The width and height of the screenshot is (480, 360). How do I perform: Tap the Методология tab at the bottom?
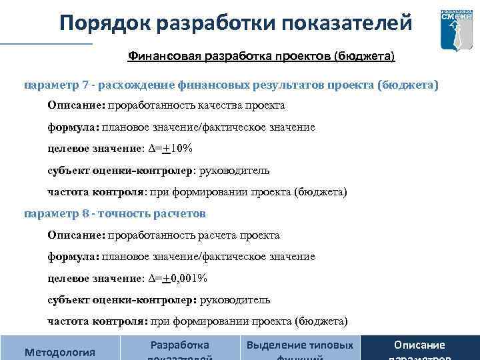[59, 351]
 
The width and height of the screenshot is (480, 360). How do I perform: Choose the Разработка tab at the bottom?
[180, 346]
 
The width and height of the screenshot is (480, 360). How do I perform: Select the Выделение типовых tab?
[300, 346]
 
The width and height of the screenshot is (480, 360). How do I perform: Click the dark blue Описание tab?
[419, 346]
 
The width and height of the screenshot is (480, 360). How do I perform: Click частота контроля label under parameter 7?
[95, 192]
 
